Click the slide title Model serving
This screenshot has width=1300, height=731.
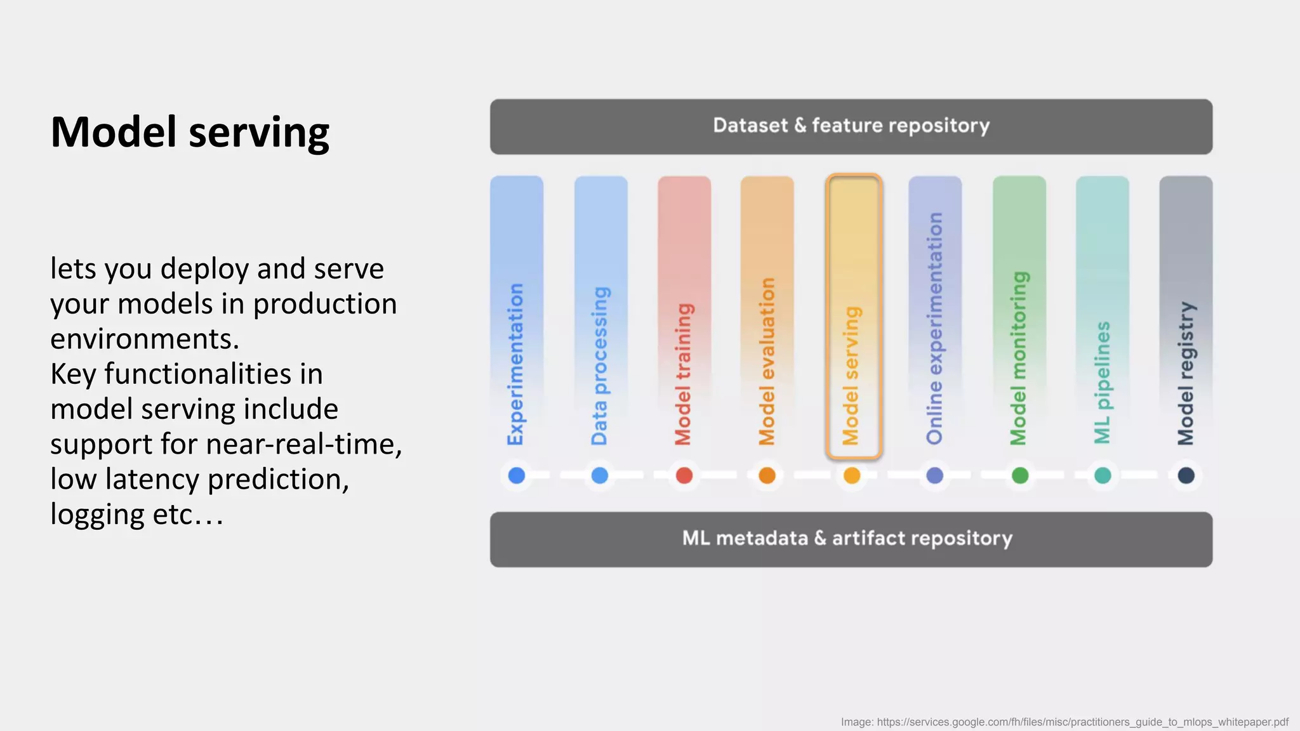coord(190,133)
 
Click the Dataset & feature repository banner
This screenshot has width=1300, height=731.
coord(851,126)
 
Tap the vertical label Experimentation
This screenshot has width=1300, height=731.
coord(515,364)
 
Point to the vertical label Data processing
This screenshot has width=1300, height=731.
coord(599,366)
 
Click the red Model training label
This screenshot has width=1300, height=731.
coord(683,374)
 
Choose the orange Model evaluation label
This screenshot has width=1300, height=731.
coord(767,362)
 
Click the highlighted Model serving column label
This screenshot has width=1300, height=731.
coord(851,376)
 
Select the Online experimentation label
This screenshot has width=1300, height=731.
coord(934,329)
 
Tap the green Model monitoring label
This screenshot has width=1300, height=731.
coord(1018,359)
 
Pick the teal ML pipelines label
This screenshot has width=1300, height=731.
coord(1102,383)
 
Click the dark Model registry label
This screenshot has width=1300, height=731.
coord(1186,374)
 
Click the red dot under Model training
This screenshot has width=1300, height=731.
coord(684,475)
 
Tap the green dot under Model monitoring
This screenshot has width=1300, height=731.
coord(1019,475)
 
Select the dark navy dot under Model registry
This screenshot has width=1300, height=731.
coord(1186,475)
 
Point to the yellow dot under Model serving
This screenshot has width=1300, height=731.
coord(852,475)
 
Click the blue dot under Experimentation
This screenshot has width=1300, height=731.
coord(517,475)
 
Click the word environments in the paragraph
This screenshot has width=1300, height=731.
coord(144,339)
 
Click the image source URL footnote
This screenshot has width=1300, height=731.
coord(1065,722)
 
